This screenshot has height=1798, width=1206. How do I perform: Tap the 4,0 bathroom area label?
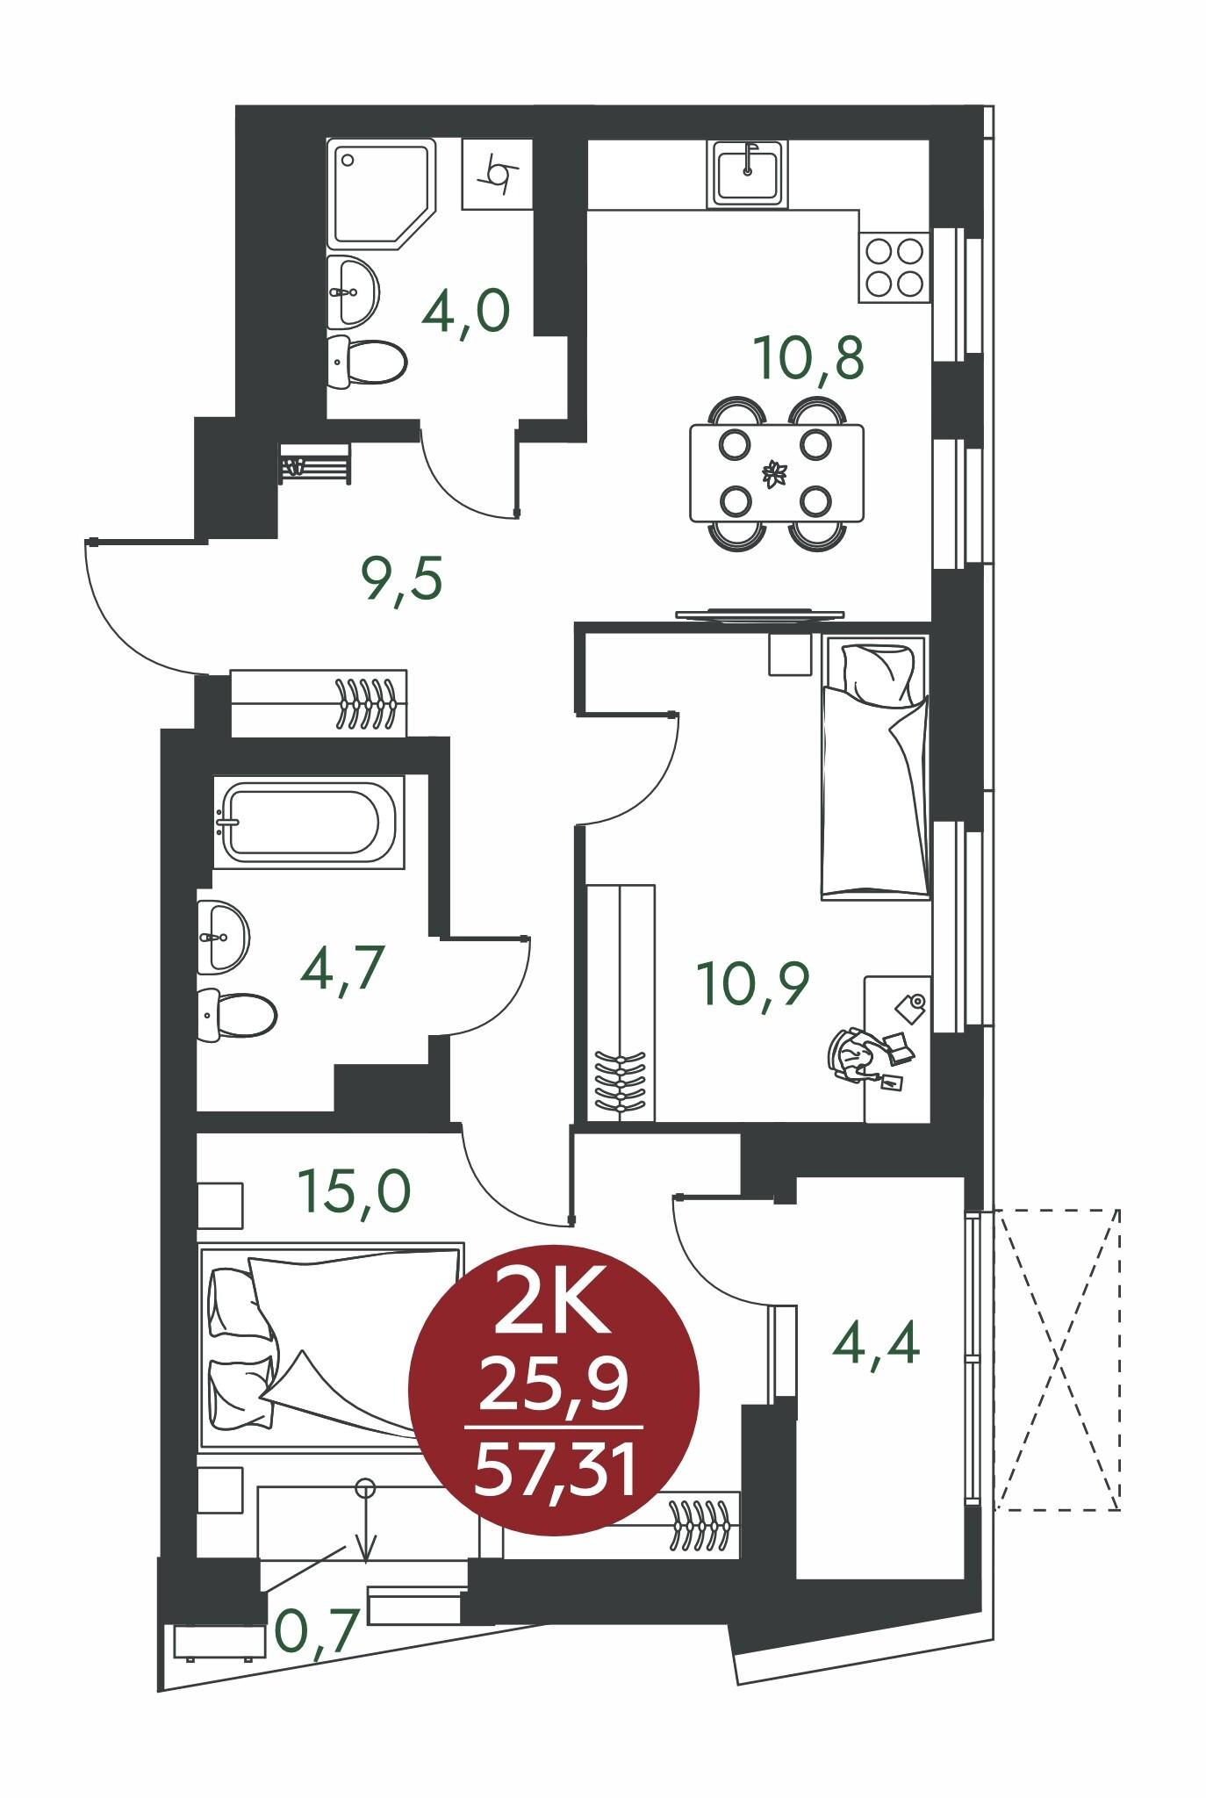point(465,311)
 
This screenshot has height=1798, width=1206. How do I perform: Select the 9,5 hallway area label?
point(400,579)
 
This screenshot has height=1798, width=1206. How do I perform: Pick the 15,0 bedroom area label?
point(354,1190)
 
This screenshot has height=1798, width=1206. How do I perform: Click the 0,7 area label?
point(316,1630)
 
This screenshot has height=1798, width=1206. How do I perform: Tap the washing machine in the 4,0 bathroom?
point(497,174)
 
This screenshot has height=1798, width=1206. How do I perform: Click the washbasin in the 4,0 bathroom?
point(354,290)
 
